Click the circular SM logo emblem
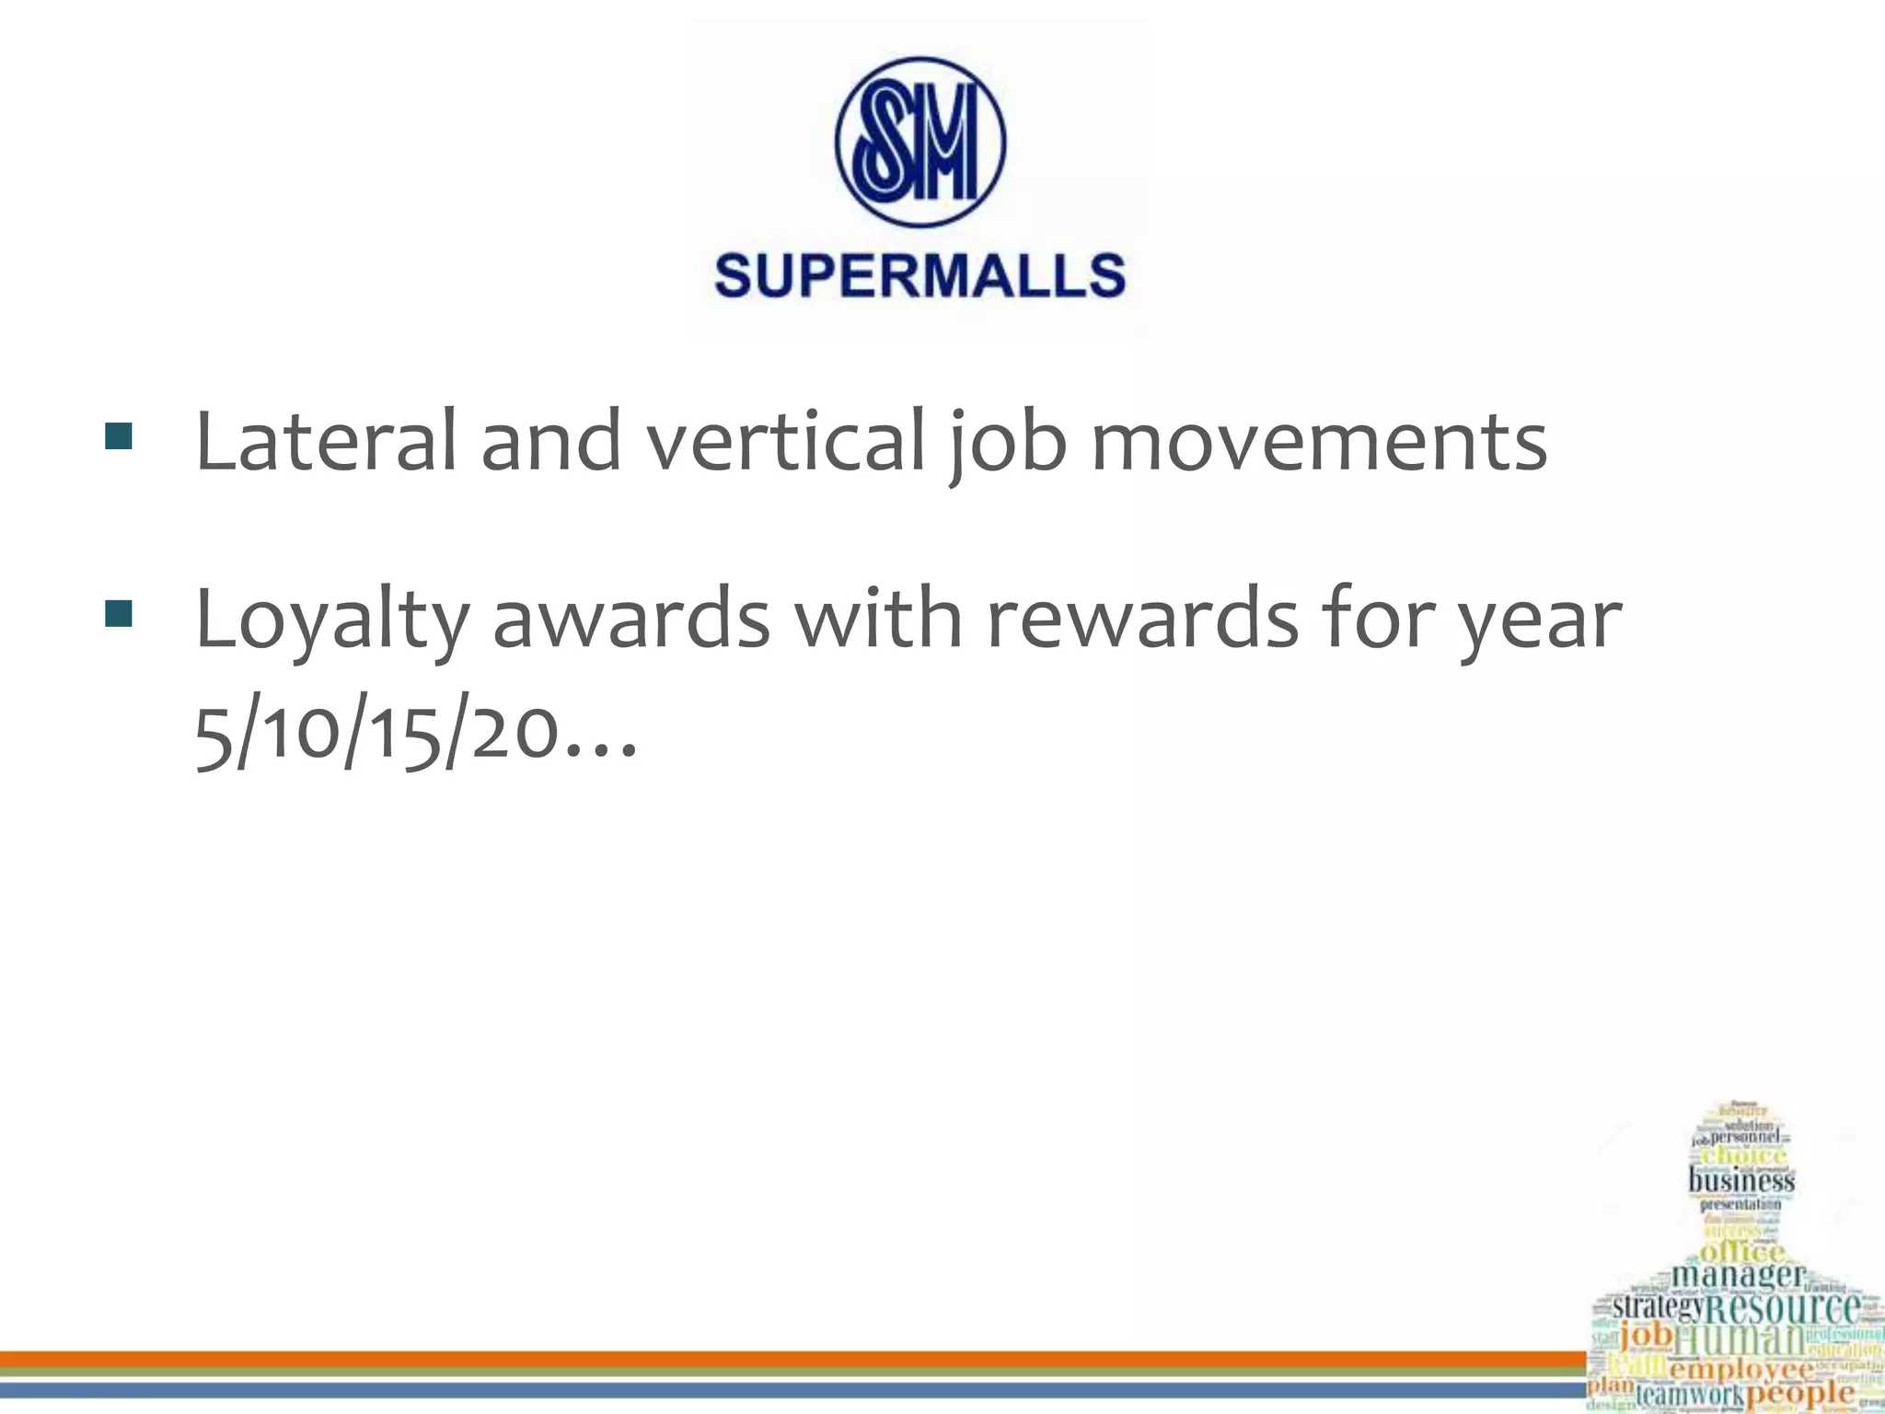(919, 143)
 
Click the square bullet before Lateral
(119, 436)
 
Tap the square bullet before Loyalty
(119, 614)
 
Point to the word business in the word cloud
(1740, 1180)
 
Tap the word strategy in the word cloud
(1658, 1307)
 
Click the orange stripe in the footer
(792, 1358)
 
